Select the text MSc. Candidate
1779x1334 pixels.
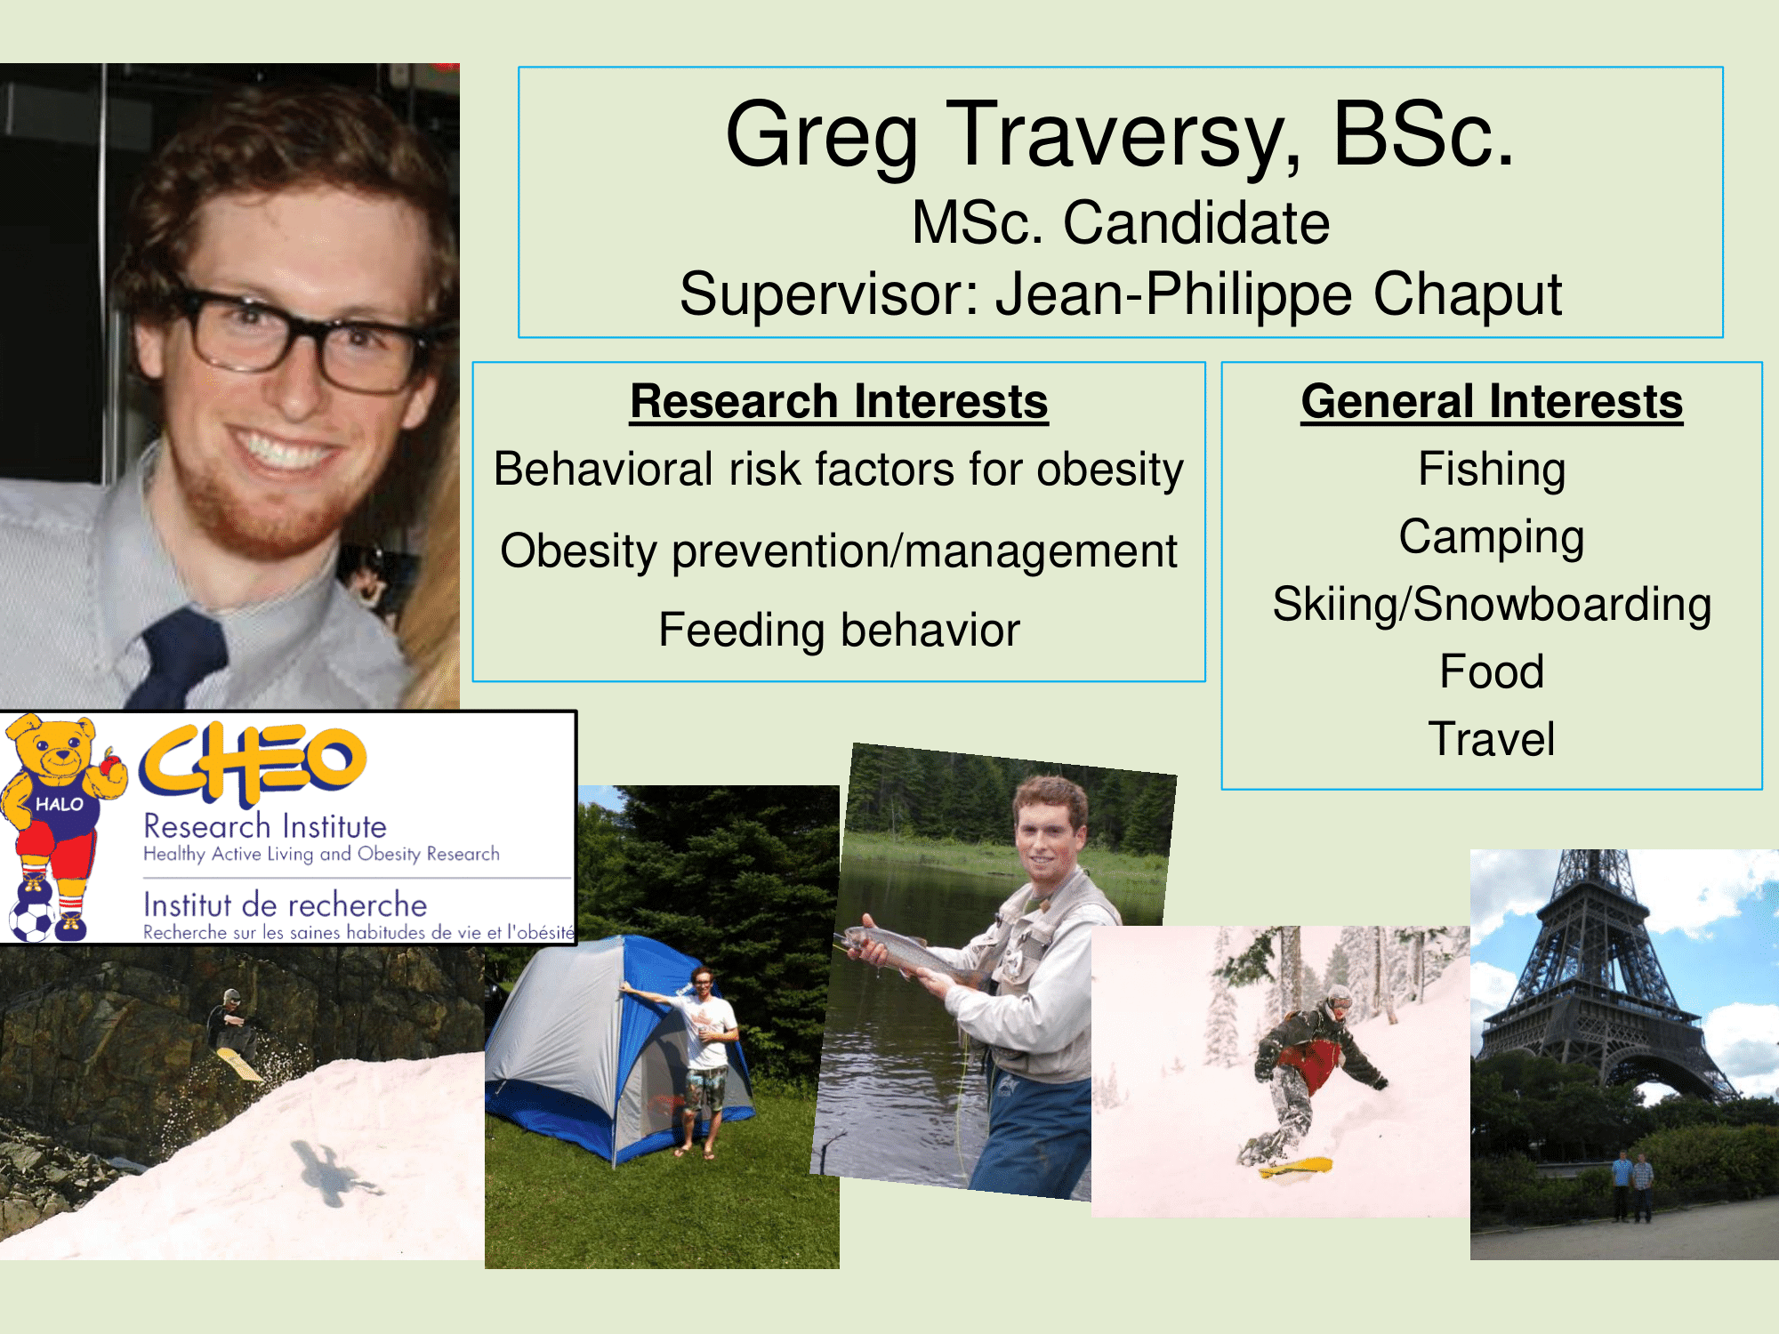tap(1121, 222)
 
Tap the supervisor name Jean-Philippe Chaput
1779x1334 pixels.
tap(1278, 294)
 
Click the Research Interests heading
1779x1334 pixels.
tap(839, 401)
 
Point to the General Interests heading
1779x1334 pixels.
tap(1492, 401)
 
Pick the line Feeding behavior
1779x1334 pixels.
tap(839, 631)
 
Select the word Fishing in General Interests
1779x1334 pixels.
tap(1492, 470)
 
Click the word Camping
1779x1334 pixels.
tap(1492, 537)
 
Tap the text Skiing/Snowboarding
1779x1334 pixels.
tap(1492, 605)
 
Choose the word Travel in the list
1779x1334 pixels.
tap(1492, 739)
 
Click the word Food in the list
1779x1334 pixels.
tap(1492, 671)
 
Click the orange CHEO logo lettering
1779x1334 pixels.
tap(253, 762)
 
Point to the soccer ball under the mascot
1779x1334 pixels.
tap(33, 921)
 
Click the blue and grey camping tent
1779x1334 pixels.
tap(614, 1049)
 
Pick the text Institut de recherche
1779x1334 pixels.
tap(286, 905)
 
